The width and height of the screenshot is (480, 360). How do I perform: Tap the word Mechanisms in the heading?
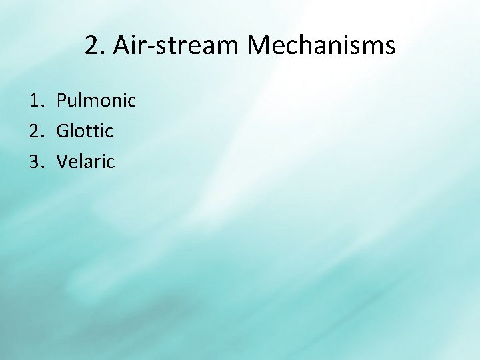(321, 46)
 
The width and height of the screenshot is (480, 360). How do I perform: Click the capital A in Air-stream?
(123, 46)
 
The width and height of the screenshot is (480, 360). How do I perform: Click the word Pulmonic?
(96, 101)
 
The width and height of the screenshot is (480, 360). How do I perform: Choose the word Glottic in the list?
(85, 131)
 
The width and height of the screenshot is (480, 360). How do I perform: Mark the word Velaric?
(85, 161)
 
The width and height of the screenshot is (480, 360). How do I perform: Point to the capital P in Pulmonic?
(61, 101)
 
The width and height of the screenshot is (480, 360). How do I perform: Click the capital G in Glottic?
(63, 131)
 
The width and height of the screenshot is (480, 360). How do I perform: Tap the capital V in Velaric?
(62, 161)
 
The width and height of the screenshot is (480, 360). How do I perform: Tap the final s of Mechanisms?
(389, 47)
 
